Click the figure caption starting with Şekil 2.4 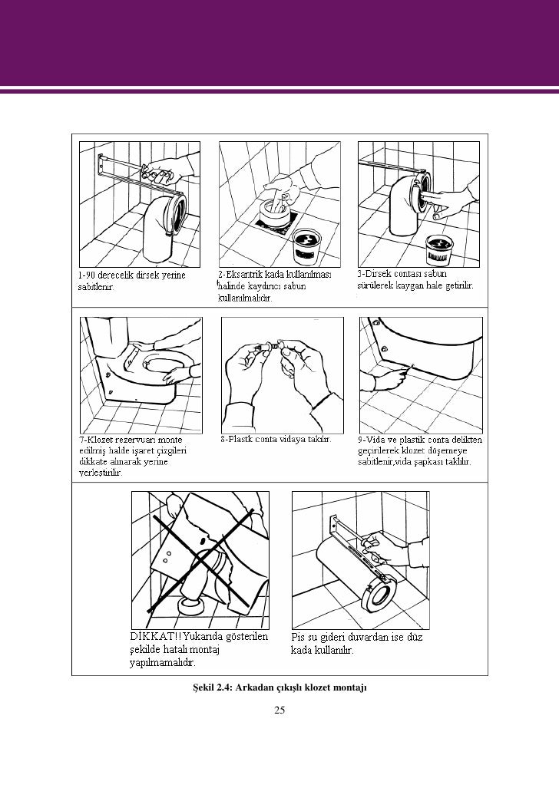point(279,685)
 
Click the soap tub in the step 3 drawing point(443,249)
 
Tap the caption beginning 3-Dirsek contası point(415,279)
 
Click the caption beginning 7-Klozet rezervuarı point(131,456)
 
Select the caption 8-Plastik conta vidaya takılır point(276,440)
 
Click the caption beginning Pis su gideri point(356,642)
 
